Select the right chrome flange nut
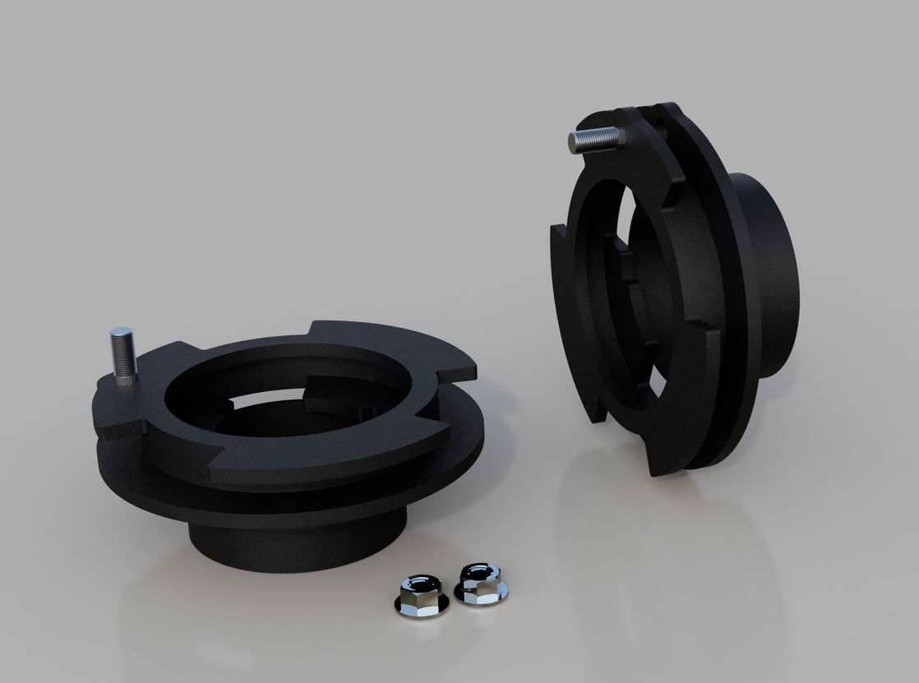[x=481, y=584]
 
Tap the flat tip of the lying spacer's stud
[x=120, y=331]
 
